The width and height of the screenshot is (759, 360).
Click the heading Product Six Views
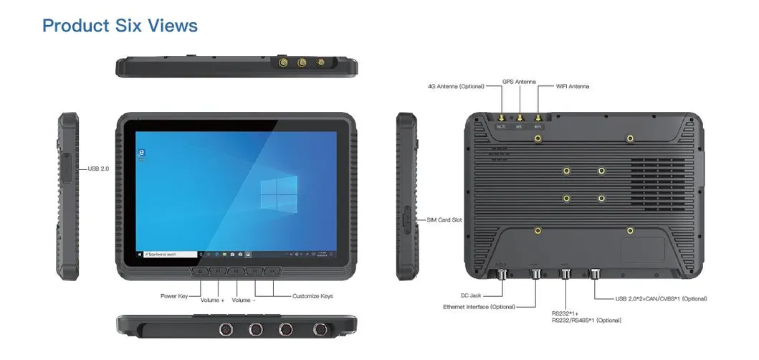pos(120,25)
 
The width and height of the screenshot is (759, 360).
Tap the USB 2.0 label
pos(98,169)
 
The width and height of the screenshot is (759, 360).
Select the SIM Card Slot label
pos(444,219)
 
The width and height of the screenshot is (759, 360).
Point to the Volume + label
pos(212,300)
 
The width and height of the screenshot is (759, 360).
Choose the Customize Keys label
pos(312,295)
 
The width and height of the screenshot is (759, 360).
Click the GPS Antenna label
pos(518,82)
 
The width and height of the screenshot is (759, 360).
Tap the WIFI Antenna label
pos(573,86)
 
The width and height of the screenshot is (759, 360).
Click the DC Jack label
pos(470,295)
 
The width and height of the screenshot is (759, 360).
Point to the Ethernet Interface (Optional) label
pos(479,307)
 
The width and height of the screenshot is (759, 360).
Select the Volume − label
pos(244,300)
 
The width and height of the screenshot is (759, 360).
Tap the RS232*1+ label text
pos(565,313)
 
